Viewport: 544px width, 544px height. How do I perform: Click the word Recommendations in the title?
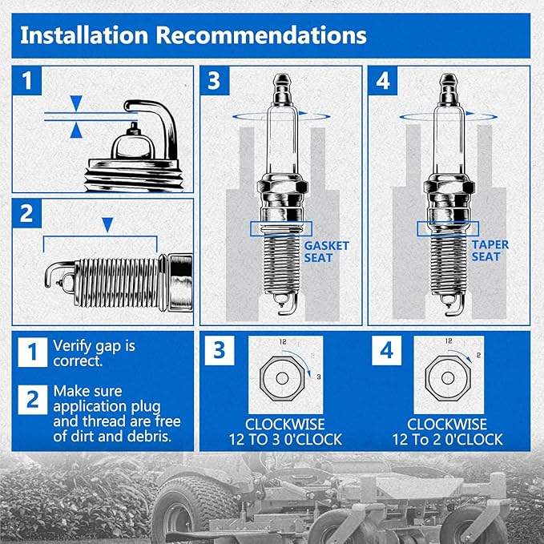[x=261, y=35]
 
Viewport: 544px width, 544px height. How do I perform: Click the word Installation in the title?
[x=84, y=35]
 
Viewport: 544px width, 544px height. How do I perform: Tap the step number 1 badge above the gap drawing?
[x=26, y=80]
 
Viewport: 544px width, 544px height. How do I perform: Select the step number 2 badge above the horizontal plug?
[x=26, y=213]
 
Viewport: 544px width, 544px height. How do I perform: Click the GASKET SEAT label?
[x=326, y=252]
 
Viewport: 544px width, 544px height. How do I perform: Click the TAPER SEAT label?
[x=490, y=251]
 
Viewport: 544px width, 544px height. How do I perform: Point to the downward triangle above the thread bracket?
[x=107, y=225]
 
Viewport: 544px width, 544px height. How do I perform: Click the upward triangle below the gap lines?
[x=76, y=130]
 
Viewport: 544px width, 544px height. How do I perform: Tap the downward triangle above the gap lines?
[x=76, y=103]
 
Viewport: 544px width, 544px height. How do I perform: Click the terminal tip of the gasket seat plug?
[x=282, y=80]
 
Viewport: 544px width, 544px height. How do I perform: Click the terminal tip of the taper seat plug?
[x=448, y=80]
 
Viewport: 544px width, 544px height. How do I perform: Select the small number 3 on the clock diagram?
[x=319, y=377]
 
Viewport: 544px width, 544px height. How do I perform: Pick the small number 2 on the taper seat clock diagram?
[x=479, y=355]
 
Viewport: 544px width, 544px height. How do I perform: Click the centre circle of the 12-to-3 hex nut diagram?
[x=282, y=378]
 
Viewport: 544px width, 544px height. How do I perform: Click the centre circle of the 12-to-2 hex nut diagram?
[x=448, y=378]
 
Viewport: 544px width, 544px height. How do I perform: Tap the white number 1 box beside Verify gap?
[x=33, y=352]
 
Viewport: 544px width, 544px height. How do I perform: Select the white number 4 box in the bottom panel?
[x=386, y=350]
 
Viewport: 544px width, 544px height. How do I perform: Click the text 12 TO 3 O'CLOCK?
[x=285, y=440]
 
